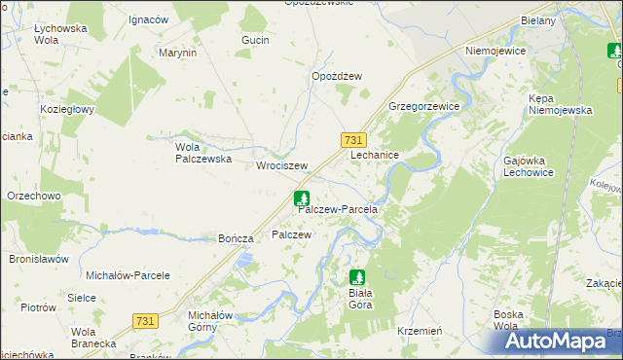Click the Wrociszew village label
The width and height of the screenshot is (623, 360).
281,166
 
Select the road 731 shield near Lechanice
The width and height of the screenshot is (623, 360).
354,140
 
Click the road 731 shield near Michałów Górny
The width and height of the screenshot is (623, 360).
145,320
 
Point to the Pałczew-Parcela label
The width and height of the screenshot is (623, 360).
337,209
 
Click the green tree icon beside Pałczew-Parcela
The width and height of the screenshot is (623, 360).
301,198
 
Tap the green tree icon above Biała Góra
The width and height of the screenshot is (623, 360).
357,277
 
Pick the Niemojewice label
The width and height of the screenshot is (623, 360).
496,51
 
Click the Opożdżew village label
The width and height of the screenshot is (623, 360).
337,77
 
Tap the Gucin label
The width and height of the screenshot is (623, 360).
255,40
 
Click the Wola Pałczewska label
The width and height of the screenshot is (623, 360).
201,153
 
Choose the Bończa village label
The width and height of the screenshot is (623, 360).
237,238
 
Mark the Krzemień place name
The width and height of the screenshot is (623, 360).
421,331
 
